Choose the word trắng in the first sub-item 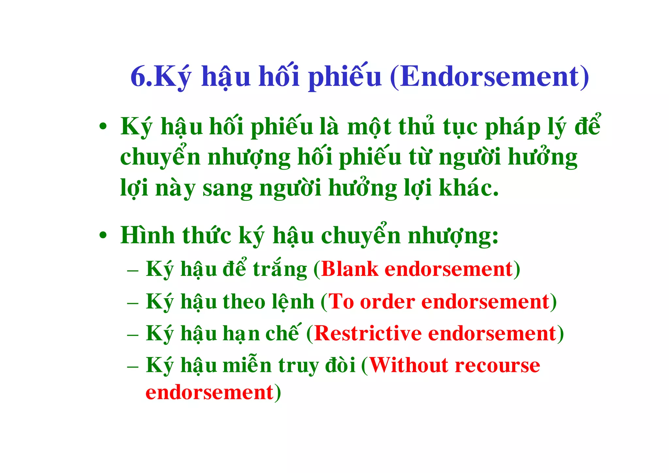[280, 270]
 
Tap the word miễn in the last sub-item [247, 365]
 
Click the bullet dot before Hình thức [103, 235]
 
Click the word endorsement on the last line [209, 393]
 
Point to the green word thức [206, 235]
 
